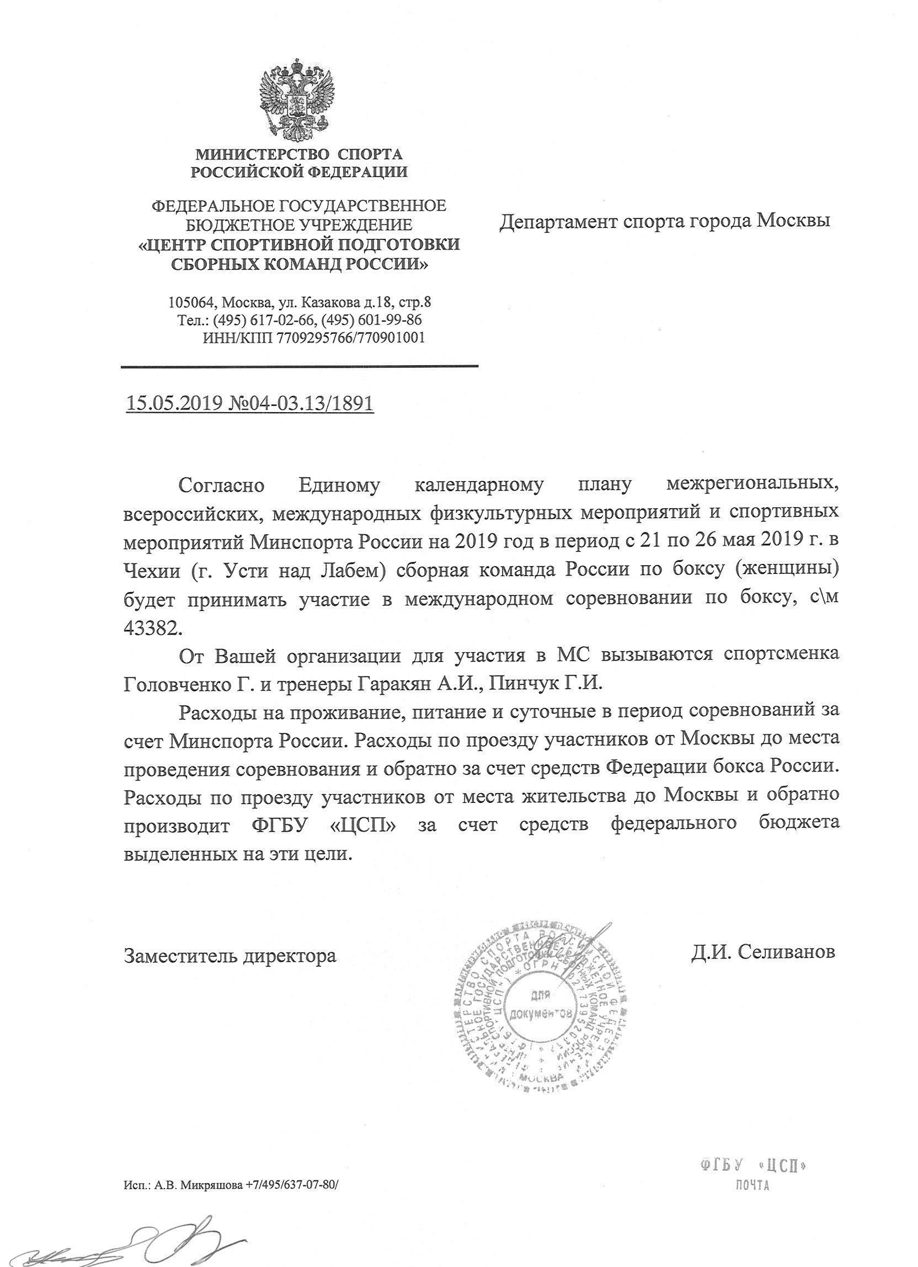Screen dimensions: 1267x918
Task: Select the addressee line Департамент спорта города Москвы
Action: pos(664,221)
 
